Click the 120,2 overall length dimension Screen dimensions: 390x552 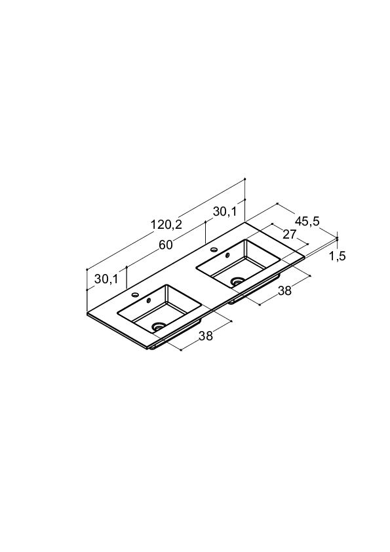[x=166, y=224]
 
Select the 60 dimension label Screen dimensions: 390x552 [x=165, y=245]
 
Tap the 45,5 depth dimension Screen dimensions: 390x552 [x=307, y=222]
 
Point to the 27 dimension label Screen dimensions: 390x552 [x=290, y=234]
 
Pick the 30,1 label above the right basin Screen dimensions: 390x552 [x=225, y=212]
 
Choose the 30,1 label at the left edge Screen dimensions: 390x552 [x=106, y=279]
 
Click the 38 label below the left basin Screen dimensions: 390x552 [x=206, y=336]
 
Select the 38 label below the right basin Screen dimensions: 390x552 [x=284, y=291]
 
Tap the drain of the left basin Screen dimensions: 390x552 [x=159, y=326]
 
